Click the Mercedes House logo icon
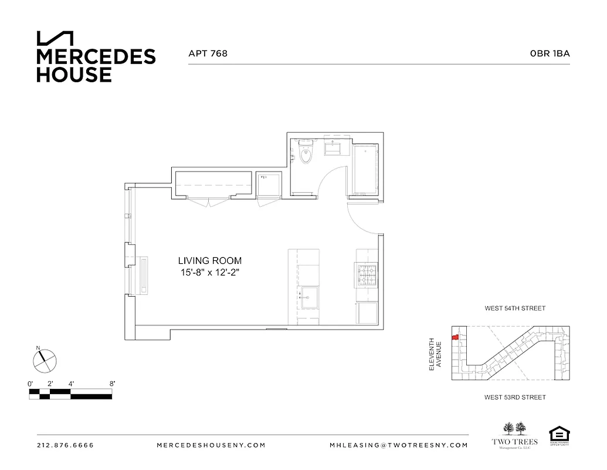[55, 38]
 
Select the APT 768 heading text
[208, 53]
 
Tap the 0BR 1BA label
[550, 53]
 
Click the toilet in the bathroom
[305, 154]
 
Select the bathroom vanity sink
[335, 147]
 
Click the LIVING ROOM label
[210, 260]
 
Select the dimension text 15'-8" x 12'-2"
[210, 273]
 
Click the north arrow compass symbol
[44, 360]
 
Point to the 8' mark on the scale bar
[111, 383]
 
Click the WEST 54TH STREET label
[515, 308]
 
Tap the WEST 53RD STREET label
[515, 398]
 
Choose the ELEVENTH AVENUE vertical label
[435, 354]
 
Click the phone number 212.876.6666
[65, 445]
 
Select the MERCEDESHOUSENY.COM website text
[211, 445]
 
